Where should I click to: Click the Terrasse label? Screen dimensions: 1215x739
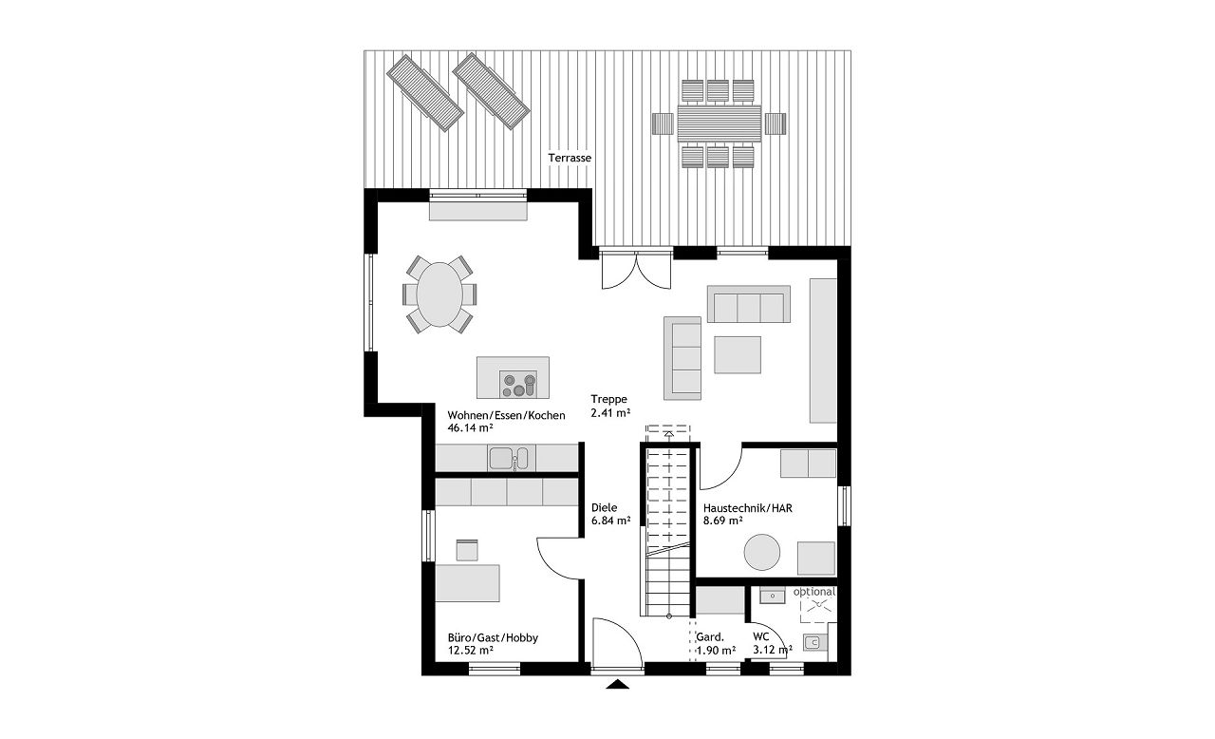(x=570, y=158)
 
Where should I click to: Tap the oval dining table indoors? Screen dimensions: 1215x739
(x=439, y=294)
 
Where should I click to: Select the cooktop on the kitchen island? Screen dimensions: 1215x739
(x=518, y=384)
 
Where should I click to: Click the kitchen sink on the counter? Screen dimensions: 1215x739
(x=508, y=459)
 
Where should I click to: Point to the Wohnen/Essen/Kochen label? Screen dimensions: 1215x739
(x=506, y=415)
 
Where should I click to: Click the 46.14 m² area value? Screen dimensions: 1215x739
(x=470, y=427)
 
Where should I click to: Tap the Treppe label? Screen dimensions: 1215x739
(x=608, y=399)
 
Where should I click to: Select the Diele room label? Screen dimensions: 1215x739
(x=605, y=508)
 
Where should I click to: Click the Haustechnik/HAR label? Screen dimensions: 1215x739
(x=747, y=508)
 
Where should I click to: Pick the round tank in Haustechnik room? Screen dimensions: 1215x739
(x=762, y=553)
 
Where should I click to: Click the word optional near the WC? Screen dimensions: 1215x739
(x=814, y=592)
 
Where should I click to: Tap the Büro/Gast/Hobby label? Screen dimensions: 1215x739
(x=493, y=638)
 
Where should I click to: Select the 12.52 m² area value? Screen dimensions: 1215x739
(x=470, y=651)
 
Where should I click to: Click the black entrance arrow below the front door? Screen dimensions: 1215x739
(x=617, y=684)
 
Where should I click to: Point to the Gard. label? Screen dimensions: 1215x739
(x=709, y=637)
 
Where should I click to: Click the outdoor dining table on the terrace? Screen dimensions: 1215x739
(x=720, y=123)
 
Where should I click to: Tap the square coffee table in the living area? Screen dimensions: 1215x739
(x=738, y=355)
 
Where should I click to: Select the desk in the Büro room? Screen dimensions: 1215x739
(x=468, y=583)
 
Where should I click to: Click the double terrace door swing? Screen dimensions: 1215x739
(x=636, y=272)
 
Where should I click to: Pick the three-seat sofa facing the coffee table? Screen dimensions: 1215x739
(x=749, y=304)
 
